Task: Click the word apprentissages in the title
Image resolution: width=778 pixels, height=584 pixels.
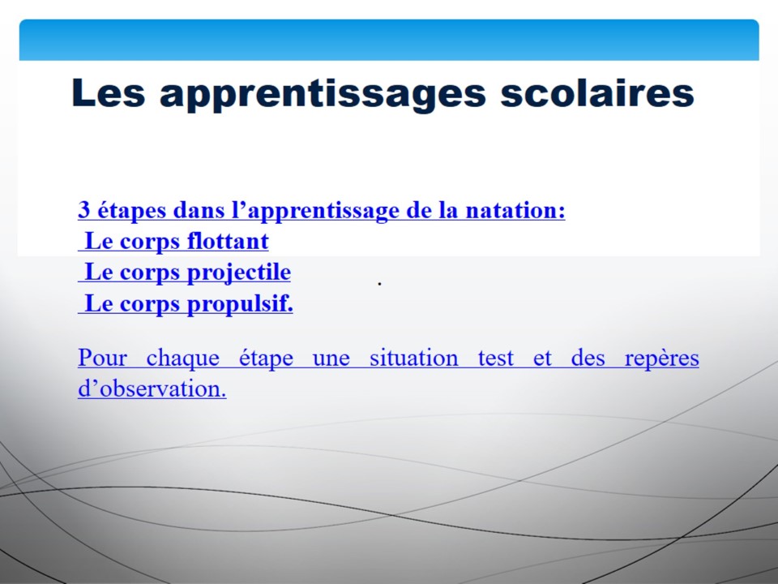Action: pos(323,94)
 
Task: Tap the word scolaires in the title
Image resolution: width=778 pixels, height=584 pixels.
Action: pos(597,92)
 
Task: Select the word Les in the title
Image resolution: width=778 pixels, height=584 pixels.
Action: pos(108,92)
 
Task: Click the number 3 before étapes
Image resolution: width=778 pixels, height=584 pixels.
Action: pos(83,209)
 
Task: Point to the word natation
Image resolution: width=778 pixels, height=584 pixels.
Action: pos(515,209)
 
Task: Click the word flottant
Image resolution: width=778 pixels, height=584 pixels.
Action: pos(228,241)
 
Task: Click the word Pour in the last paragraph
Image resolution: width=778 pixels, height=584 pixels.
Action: pos(102,358)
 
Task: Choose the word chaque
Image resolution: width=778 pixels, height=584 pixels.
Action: pos(182,359)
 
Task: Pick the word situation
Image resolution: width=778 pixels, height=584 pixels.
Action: pos(414,358)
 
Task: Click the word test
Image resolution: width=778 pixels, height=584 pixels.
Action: pos(496,359)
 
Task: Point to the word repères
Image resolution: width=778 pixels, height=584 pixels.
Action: pos(662,359)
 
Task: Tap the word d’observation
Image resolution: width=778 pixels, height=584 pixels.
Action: pos(152,389)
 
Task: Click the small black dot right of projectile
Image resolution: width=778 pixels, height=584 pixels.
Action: pos(379,284)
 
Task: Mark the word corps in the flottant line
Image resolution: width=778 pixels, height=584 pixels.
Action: pos(149,243)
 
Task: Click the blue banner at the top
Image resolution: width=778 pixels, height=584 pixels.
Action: pos(389,40)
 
